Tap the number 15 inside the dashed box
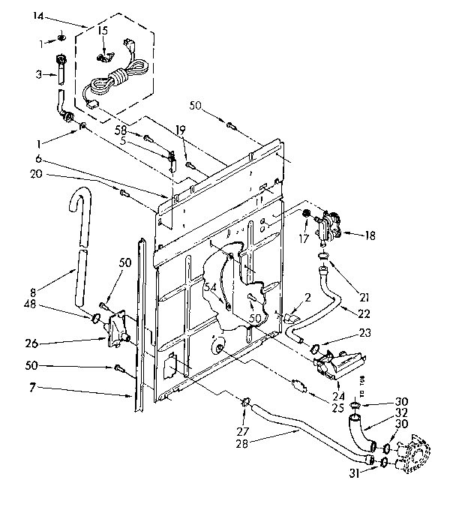(103, 30)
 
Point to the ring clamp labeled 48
(96, 319)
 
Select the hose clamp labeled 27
(245, 405)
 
